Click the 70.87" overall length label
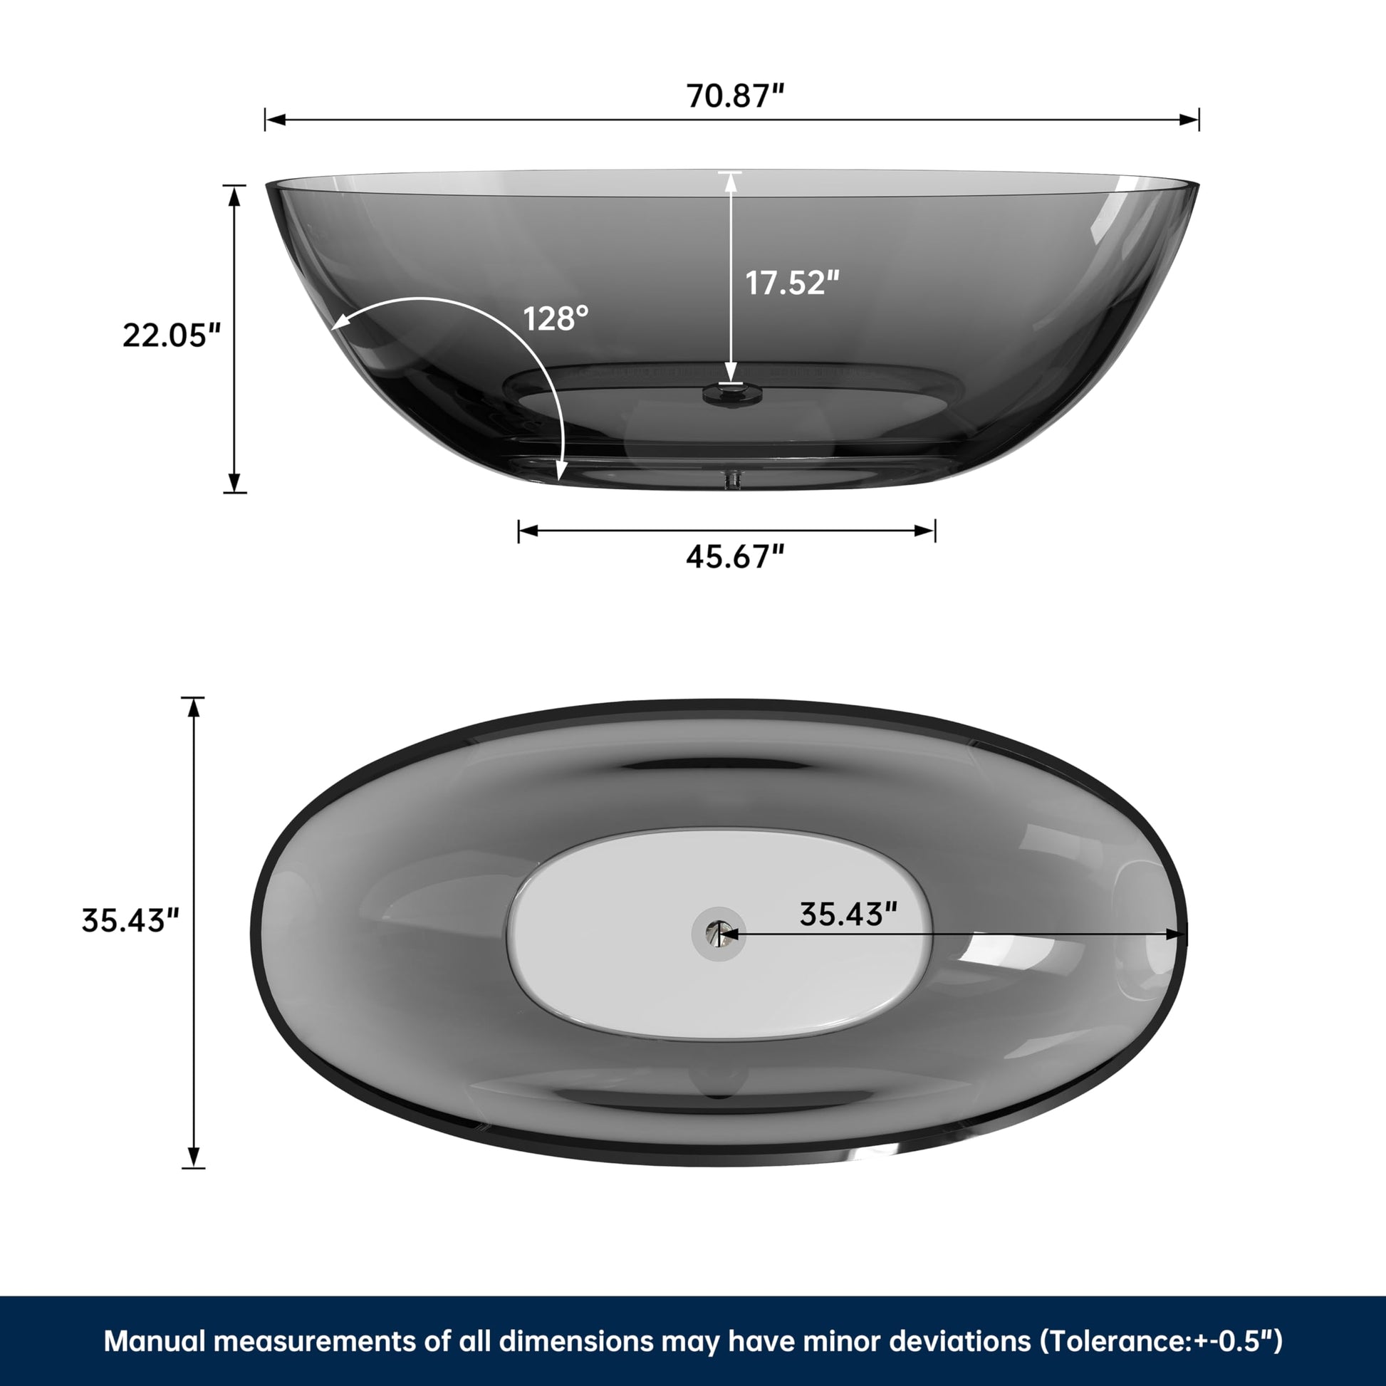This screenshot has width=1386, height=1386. pos(736,95)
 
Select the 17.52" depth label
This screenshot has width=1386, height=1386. pos(792,283)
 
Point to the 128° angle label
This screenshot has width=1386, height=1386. pos(556,318)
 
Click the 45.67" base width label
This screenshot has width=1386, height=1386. pos(735,556)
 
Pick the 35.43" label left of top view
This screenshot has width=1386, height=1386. pos(130,920)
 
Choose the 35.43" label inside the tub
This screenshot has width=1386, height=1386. pos(849,914)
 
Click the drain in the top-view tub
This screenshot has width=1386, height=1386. pos(718,933)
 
